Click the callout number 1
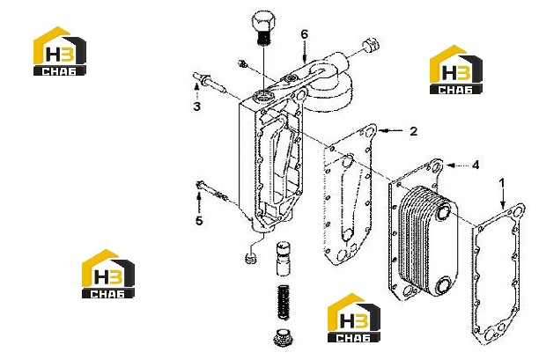pos(502,183)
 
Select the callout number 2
pos(413,131)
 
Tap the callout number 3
pos(196,107)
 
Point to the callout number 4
pos(476,165)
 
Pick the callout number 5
pos(199,221)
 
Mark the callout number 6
pos(304,34)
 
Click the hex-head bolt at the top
pos(263,28)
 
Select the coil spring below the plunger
pos(284,302)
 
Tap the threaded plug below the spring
pos(284,337)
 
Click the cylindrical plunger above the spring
pos(284,258)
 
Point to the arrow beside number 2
pos(390,130)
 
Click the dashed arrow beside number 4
pos(458,165)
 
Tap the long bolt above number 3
pos(210,83)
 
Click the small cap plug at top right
pos(371,44)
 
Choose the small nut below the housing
pos(251,258)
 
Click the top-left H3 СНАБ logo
pos(60,51)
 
